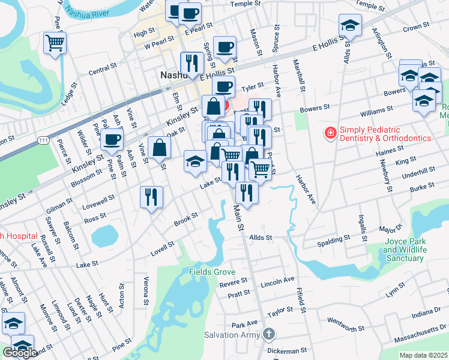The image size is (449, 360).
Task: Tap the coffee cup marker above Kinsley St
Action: [112, 140]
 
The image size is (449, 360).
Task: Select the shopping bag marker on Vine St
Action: [159, 147]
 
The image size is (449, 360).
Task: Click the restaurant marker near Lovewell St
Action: [151, 196]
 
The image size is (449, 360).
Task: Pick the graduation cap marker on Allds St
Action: [349, 25]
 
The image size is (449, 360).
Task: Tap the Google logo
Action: [19, 353]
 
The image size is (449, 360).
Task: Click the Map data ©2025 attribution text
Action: [423, 355]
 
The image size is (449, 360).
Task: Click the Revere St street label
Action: [234, 282]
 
